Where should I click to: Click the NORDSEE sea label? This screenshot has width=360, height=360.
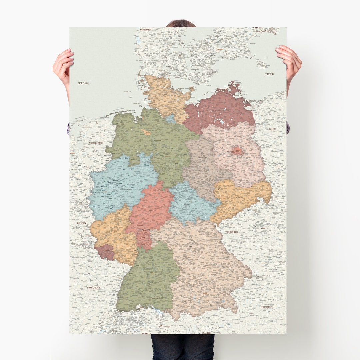[84, 83]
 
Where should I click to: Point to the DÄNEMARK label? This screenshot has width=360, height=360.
[146, 30]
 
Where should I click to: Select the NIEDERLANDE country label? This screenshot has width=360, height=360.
[96, 143]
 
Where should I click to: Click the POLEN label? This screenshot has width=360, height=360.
[272, 129]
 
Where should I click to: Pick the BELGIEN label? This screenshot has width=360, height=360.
[81, 223]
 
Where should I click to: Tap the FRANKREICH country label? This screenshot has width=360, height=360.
[93, 287]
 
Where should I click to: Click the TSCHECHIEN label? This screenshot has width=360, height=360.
[231, 232]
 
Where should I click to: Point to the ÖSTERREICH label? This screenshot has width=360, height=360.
[267, 307]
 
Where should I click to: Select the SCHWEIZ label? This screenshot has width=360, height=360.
[146, 333]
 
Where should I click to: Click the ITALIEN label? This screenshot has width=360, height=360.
[206, 333]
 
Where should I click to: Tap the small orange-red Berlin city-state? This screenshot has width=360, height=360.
[237, 151]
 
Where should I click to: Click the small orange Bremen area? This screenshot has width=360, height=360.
[146, 132]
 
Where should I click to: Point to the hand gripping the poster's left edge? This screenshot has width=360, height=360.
[64, 65]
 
